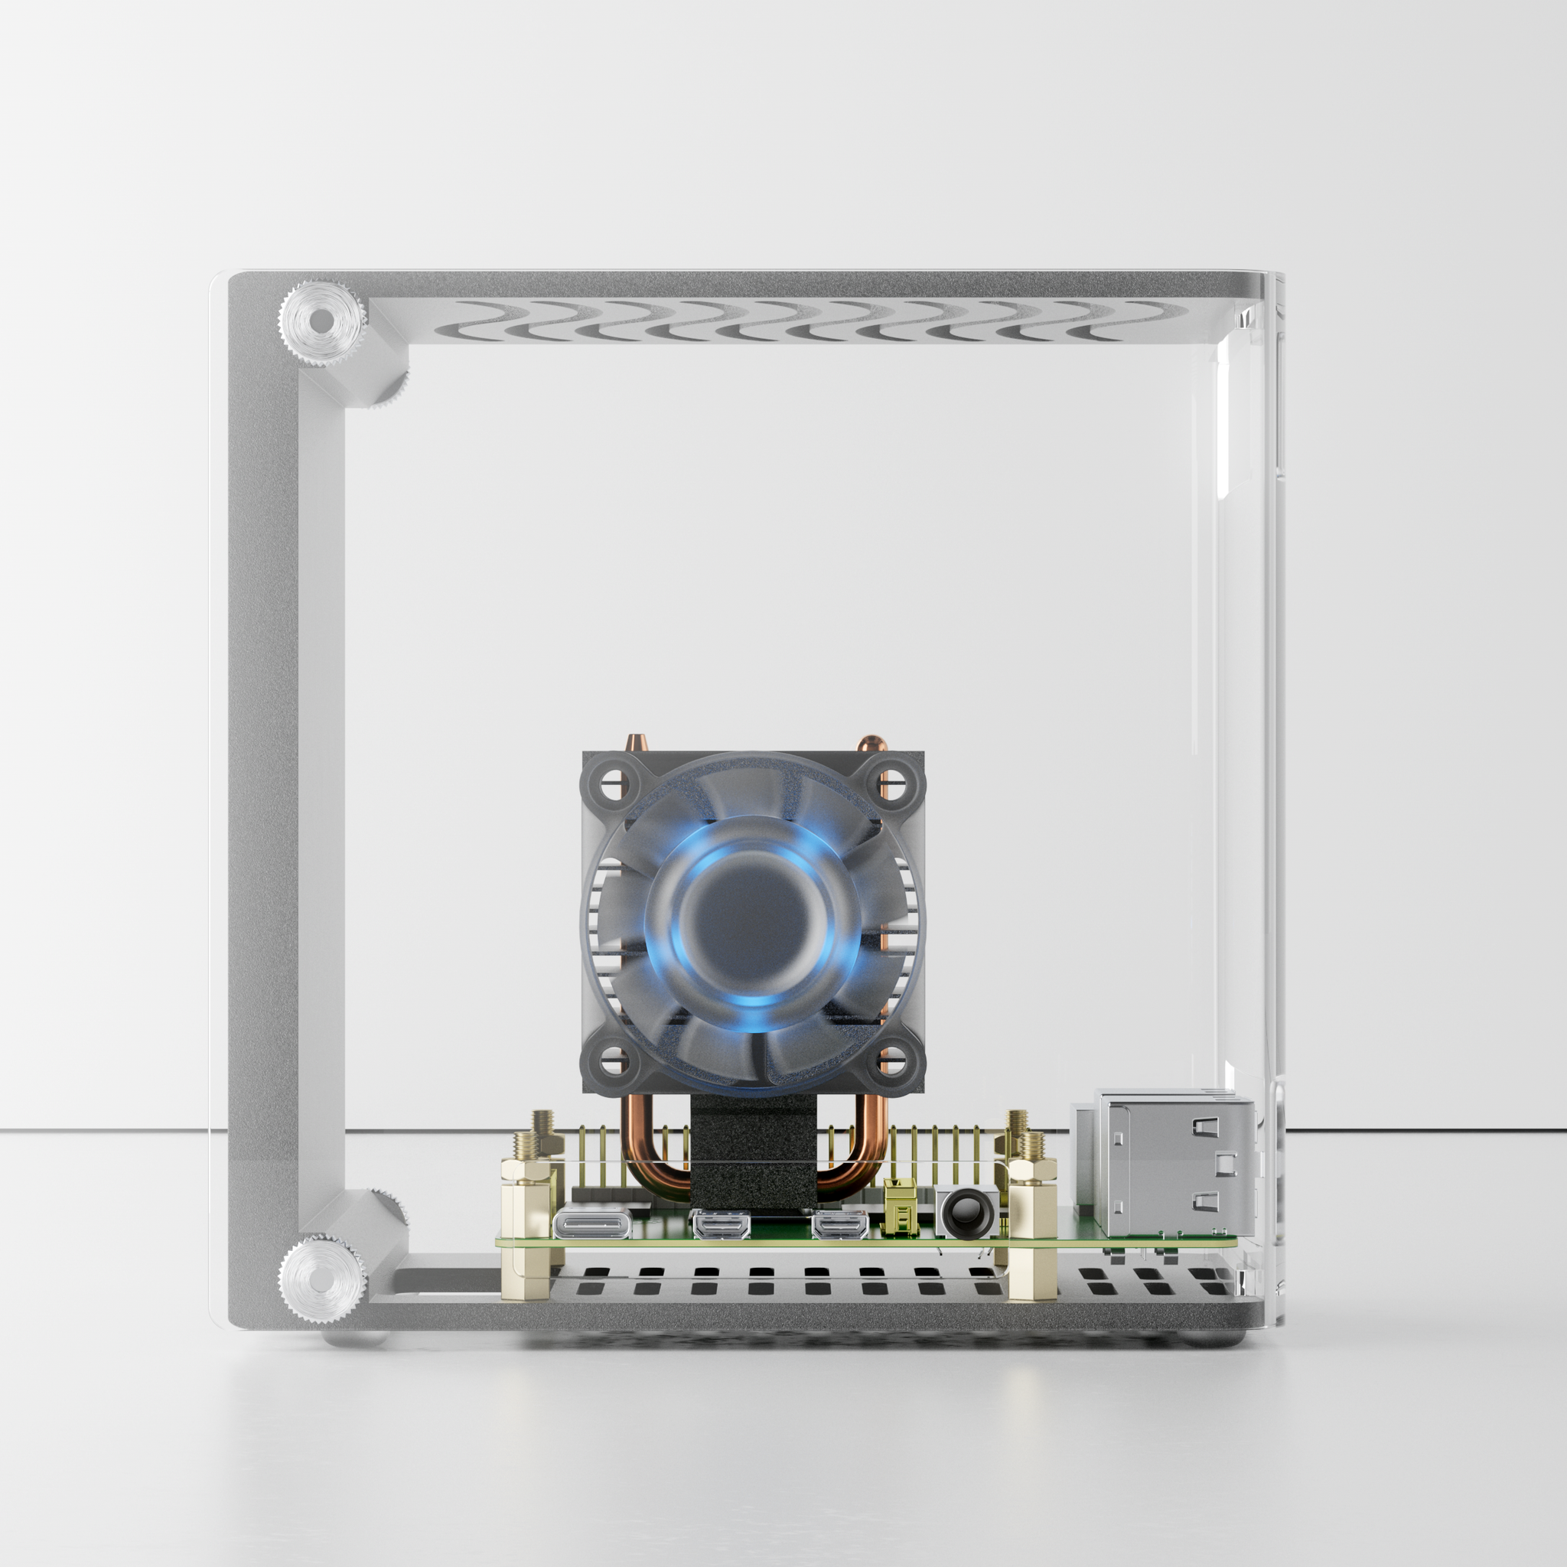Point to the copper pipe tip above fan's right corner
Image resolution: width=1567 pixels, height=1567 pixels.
pos(869,744)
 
